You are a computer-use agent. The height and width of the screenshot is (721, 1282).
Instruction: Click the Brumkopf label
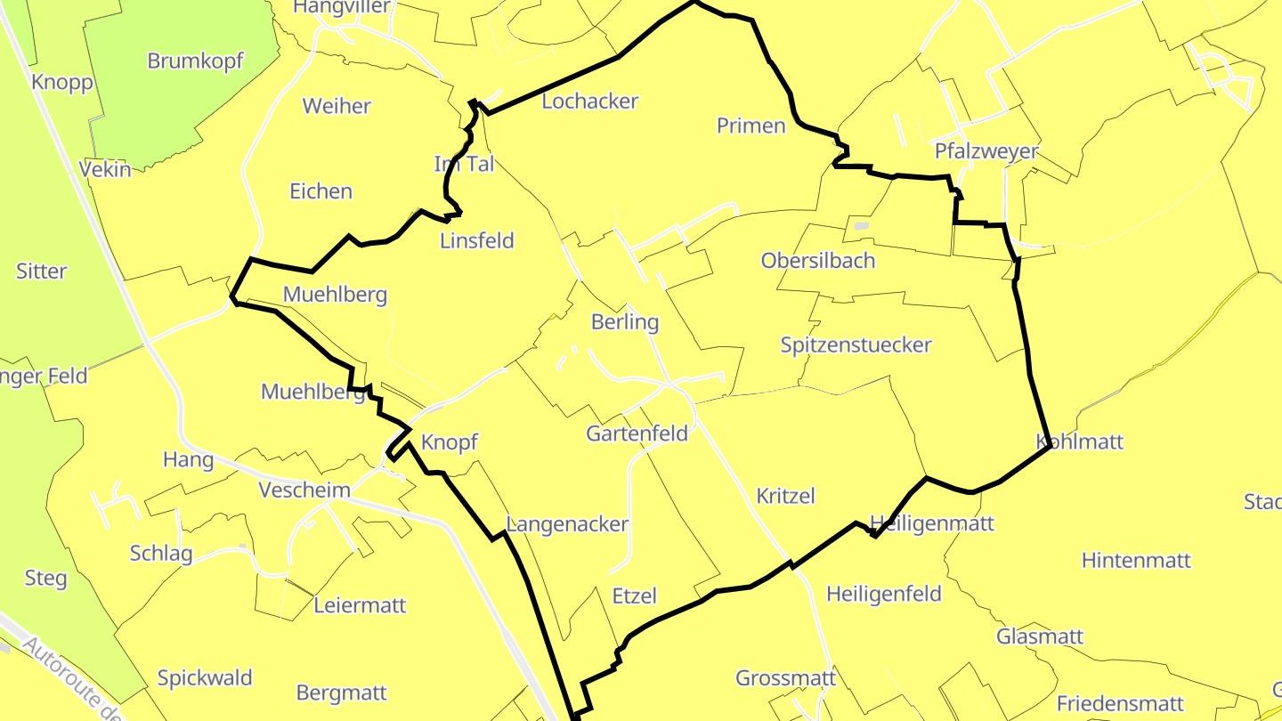point(195,61)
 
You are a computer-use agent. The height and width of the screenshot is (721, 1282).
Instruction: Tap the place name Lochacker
point(590,101)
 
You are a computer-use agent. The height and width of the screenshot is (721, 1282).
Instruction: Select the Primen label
point(751,126)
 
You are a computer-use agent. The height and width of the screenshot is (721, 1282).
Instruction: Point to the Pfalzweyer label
point(986,151)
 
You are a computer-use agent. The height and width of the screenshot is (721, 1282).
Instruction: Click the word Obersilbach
point(818,261)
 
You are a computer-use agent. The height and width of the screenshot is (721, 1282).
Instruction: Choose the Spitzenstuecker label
point(856,345)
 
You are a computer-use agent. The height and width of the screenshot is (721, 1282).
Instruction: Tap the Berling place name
point(625,322)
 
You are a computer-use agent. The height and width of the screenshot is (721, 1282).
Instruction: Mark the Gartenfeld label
point(637,433)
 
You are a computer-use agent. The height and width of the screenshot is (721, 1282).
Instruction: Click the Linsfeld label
point(477,241)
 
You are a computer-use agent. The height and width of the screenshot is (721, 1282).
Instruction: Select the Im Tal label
point(464,164)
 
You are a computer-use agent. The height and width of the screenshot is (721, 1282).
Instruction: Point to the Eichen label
point(321,191)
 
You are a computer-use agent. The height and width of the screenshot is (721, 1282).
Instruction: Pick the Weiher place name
point(337,107)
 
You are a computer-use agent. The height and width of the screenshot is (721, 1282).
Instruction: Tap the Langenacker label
point(567,525)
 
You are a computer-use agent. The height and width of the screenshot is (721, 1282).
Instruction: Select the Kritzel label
point(785,496)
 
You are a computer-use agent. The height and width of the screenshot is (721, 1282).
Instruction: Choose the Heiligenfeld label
point(884,594)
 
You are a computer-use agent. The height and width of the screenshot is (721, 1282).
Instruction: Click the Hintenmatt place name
point(1136,561)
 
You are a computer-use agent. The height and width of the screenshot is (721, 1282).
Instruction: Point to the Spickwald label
point(205,678)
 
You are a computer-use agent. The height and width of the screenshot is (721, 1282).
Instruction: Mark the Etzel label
point(635,596)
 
